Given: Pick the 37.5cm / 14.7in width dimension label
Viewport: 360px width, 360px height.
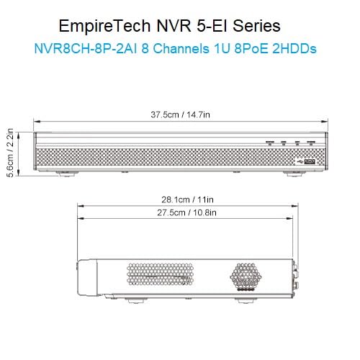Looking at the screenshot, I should [x=180, y=114].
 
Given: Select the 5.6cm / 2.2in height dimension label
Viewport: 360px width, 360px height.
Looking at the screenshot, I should [x=10, y=153].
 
